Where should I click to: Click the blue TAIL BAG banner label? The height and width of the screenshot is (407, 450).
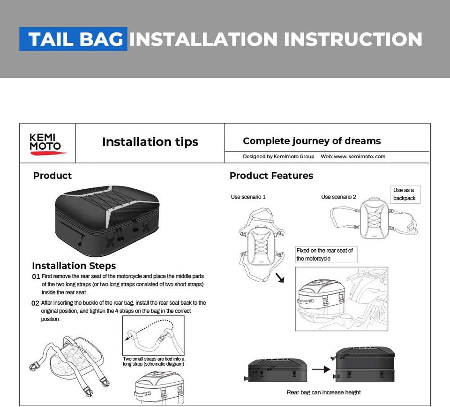(x=73, y=39)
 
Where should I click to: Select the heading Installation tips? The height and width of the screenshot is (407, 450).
(x=150, y=142)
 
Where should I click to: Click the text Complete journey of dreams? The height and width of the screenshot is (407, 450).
(x=312, y=141)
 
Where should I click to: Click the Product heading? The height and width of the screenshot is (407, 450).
(x=52, y=176)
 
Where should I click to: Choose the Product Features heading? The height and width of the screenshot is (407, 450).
(x=271, y=176)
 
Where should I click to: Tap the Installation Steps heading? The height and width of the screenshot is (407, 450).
(x=74, y=266)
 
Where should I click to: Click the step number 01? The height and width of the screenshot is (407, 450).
(x=36, y=276)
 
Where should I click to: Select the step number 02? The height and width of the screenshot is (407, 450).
(x=35, y=303)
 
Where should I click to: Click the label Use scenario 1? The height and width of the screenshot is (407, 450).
(x=248, y=197)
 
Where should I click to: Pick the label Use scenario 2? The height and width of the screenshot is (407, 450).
(x=338, y=197)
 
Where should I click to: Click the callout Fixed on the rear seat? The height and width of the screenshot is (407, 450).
(x=324, y=254)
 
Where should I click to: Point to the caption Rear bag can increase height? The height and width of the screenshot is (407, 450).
(x=323, y=392)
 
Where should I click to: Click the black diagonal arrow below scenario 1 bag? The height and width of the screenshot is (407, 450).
(x=280, y=278)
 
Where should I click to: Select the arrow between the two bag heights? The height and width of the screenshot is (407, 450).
(x=321, y=369)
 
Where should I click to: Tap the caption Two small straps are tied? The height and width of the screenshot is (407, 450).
(x=153, y=361)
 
